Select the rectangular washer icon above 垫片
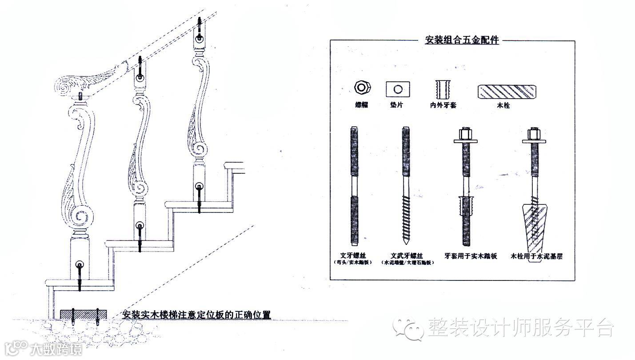tap(398, 89)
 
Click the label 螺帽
tap(361, 106)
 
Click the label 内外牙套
tap(443, 106)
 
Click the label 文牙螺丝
tap(354, 256)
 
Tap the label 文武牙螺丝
tap(407, 256)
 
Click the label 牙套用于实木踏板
tap(471, 256)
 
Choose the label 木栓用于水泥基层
tap(536, 256)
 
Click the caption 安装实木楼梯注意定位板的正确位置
tap(196, 314)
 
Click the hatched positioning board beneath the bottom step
tap(83, 313)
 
